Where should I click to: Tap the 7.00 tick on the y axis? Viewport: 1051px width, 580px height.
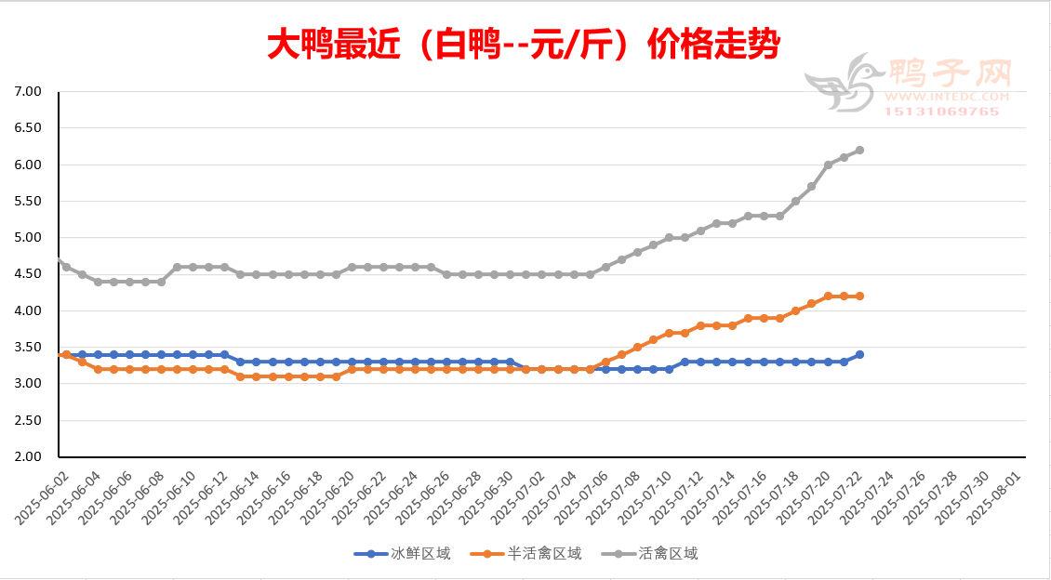click(x=30, y=92)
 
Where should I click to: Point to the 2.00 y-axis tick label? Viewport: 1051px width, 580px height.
click(x=30, y=456)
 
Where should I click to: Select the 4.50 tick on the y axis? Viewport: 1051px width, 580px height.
click(x=30, y=274)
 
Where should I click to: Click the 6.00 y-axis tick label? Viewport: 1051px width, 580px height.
click(x=30, y=165)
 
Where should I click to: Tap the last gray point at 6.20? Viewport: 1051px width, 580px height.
click(x=859, y=150)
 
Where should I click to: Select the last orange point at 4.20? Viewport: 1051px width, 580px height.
click(x=859, y=296)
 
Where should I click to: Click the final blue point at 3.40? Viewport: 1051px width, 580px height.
click(x=859, y=354)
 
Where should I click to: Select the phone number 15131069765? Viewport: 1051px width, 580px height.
click(x=943, y=112)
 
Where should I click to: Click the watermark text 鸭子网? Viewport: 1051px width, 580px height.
click(x=949, y=73)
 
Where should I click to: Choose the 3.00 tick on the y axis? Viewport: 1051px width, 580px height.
click(x=30, y=384)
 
